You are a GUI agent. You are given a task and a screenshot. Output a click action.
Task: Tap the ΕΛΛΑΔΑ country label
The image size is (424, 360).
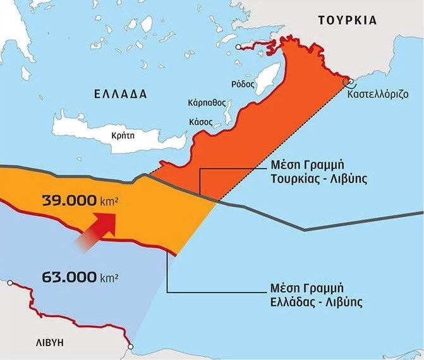[120, 94]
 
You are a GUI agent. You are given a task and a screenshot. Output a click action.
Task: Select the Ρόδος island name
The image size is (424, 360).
[243, 83]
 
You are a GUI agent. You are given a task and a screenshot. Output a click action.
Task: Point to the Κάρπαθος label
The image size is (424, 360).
[207, 102]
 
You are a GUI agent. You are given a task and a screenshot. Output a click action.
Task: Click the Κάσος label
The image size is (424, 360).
[211, 119]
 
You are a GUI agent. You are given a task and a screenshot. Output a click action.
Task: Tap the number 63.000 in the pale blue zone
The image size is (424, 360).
[69, 277]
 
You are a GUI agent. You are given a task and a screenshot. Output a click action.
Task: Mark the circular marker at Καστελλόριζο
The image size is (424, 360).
[347, 81]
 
